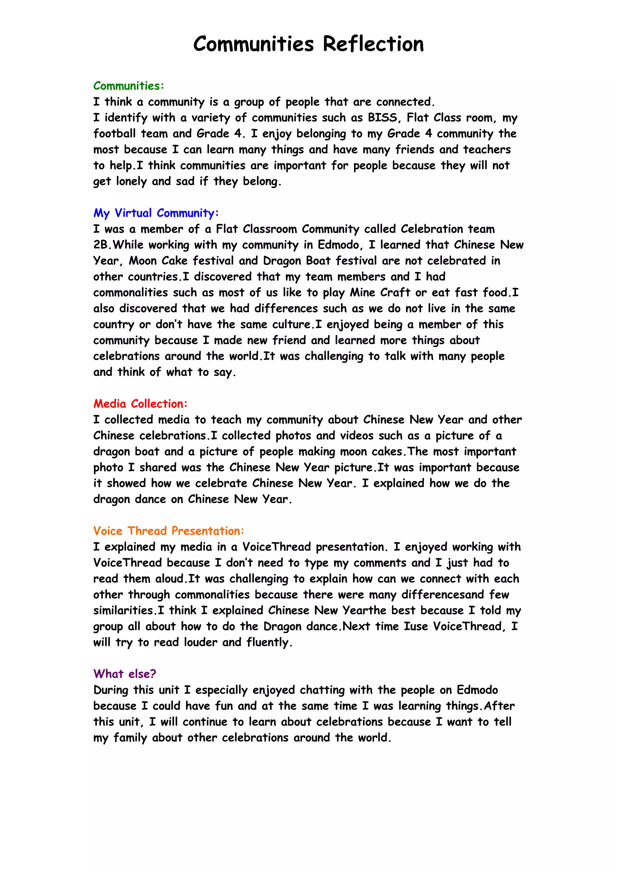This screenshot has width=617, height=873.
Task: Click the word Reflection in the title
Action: pos(373,44)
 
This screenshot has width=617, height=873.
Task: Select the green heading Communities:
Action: pos(129,86)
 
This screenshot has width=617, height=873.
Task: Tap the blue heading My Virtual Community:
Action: pos(156,213)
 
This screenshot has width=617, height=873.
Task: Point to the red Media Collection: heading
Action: pos(140,404)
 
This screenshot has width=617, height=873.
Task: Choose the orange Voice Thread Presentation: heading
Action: pos(168,531)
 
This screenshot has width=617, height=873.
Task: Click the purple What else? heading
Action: pos(125,674)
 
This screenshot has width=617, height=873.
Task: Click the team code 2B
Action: pos(102,245)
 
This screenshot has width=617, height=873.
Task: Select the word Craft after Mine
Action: pos(395,293)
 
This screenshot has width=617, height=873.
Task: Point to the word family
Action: pos(130,738)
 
